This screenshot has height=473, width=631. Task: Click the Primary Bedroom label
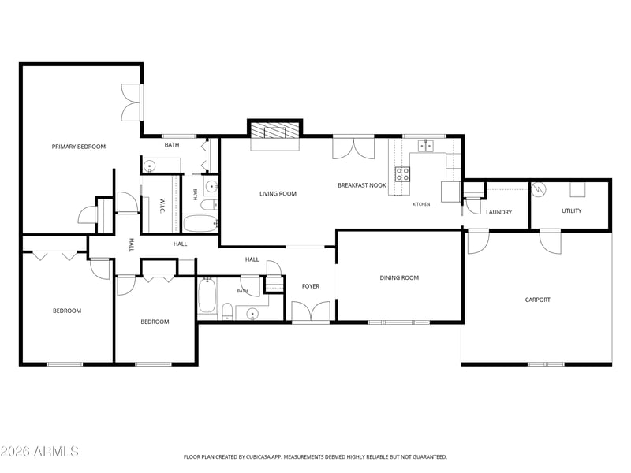(78, 147)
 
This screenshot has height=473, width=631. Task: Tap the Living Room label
(278, 193)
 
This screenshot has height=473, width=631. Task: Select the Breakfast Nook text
(362, 185)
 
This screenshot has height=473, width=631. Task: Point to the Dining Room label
(399, 277)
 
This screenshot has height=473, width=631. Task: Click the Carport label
(538, 300)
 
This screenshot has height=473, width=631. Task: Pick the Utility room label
(571, 210)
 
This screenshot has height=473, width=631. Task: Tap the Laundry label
(498, 212)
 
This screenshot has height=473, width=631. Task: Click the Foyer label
(311, 286)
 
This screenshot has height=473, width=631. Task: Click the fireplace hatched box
(275, 130)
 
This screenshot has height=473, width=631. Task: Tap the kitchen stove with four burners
(402, 174)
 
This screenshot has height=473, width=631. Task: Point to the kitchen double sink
(425, 146)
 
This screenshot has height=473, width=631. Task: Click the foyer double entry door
(311, 311)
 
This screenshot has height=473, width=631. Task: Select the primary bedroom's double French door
(132, 102)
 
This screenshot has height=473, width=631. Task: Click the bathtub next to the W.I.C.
(200, 224)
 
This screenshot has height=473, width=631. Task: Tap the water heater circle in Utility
(538, 188)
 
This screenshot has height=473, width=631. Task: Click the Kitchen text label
(421, 204)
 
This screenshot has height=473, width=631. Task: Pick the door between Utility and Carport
(550, 242)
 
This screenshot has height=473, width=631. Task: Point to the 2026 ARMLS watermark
(39, 451)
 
